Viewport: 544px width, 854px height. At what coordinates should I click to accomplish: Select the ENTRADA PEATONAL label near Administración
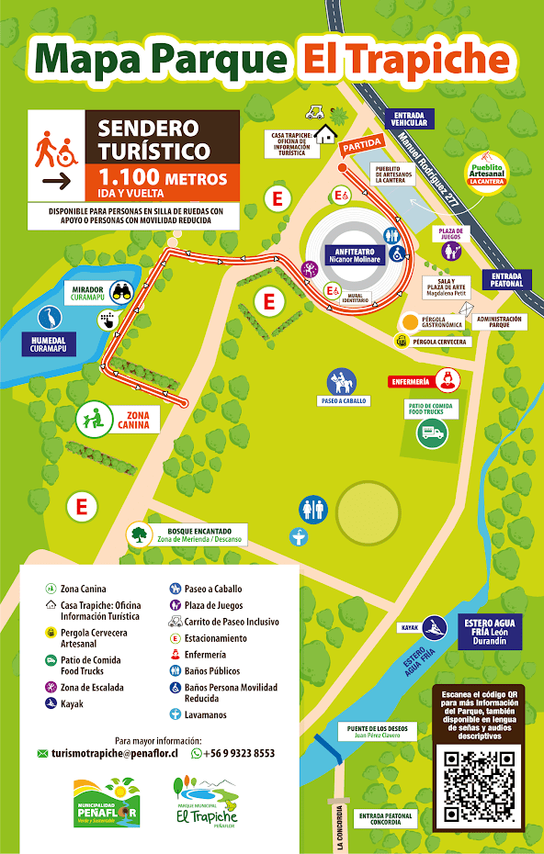[506, 279]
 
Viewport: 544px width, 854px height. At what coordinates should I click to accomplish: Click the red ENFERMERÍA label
[411, 380]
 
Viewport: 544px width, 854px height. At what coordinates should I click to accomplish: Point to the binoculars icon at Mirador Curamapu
[122, 293]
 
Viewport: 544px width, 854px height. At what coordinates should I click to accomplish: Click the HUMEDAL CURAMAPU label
[49, 343]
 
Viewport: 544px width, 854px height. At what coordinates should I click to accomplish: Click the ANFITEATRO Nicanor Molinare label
[348, 255]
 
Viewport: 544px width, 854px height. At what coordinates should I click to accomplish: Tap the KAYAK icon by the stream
[435, 627]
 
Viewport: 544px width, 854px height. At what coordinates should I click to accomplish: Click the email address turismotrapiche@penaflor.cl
[114, 753]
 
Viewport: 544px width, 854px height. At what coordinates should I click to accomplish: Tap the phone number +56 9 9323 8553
[238, 753]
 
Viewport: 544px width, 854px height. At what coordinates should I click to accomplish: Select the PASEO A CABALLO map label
[342, 401]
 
